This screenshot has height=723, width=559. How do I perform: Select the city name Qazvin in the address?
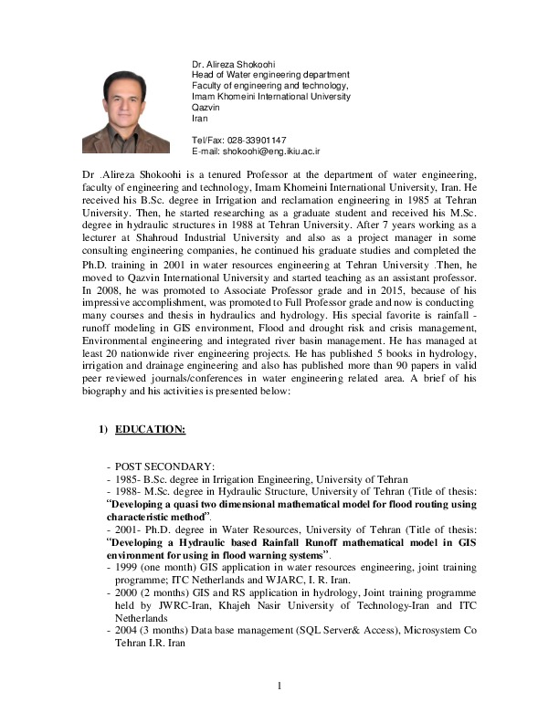coord(206,107)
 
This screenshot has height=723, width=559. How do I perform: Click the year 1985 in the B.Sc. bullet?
coord(126,479)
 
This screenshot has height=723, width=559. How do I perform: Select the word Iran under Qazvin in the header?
coord(200,118)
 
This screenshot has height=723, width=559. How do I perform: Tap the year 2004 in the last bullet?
coord(126,631)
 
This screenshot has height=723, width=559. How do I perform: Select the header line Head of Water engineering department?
coord(270,75)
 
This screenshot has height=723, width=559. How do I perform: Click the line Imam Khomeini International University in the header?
coord(269,96)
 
